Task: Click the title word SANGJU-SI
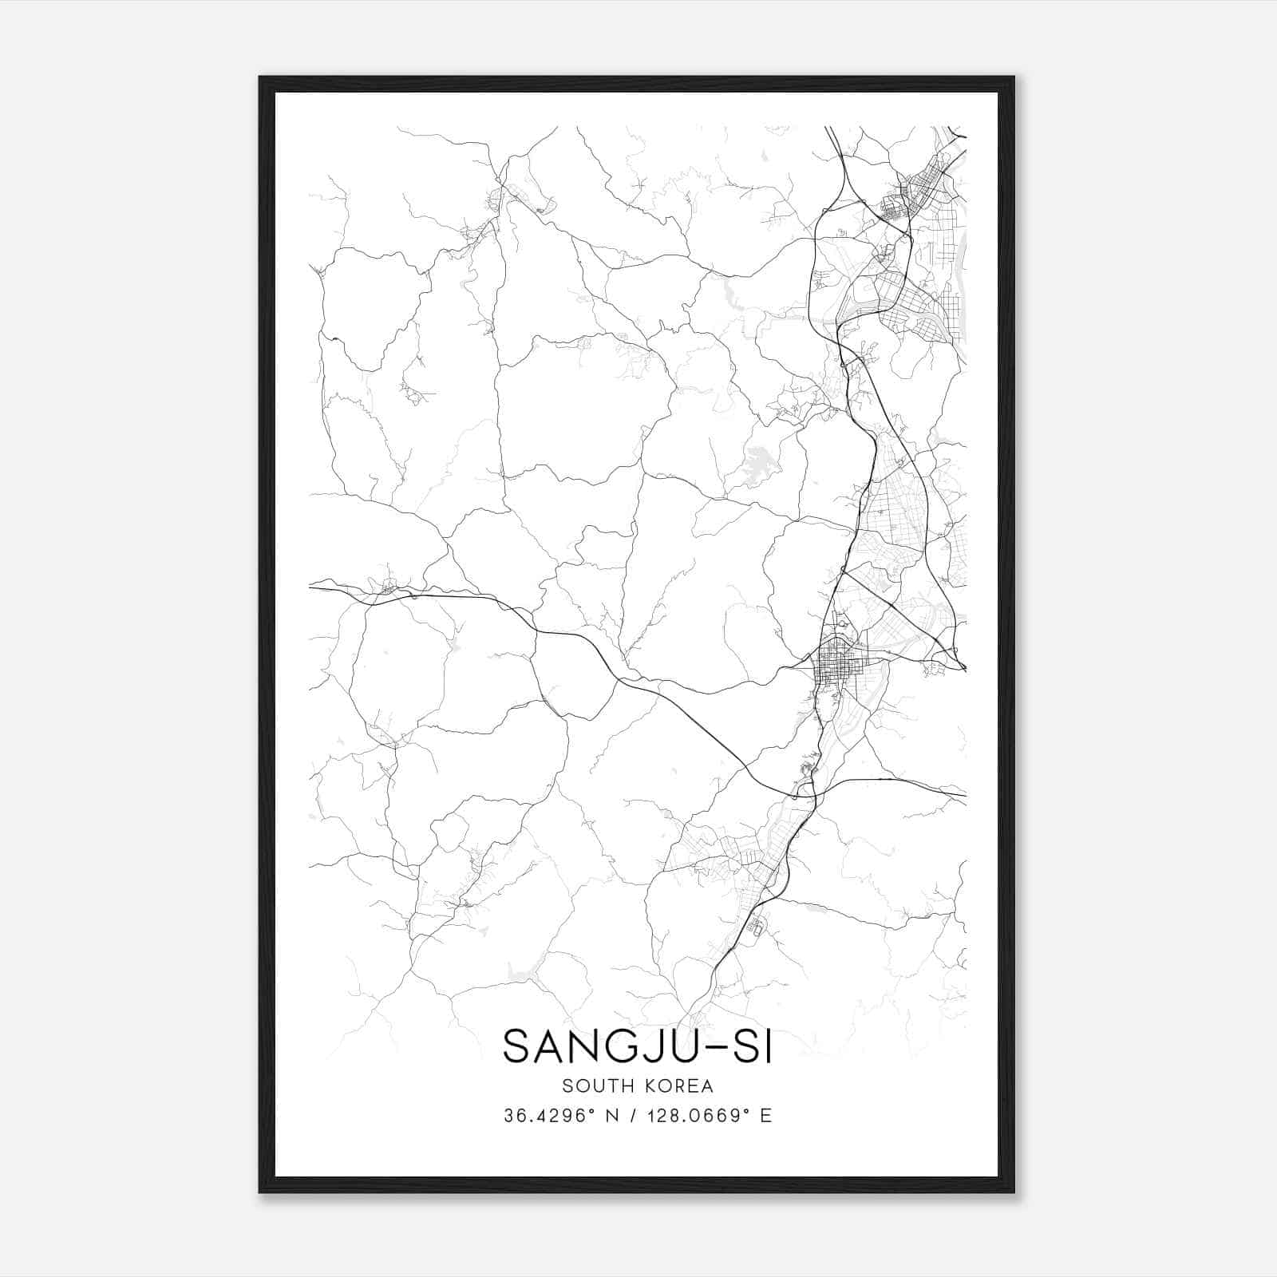point(638,1046)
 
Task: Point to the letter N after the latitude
point(612,1116)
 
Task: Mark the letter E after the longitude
point(766,1116)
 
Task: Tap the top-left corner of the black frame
point(260,78)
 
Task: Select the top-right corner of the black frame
point(1013,78)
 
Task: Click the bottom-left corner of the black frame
point(260,1191)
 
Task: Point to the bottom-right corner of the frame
point(1013,1191)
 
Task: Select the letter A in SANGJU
point(552,1046)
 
